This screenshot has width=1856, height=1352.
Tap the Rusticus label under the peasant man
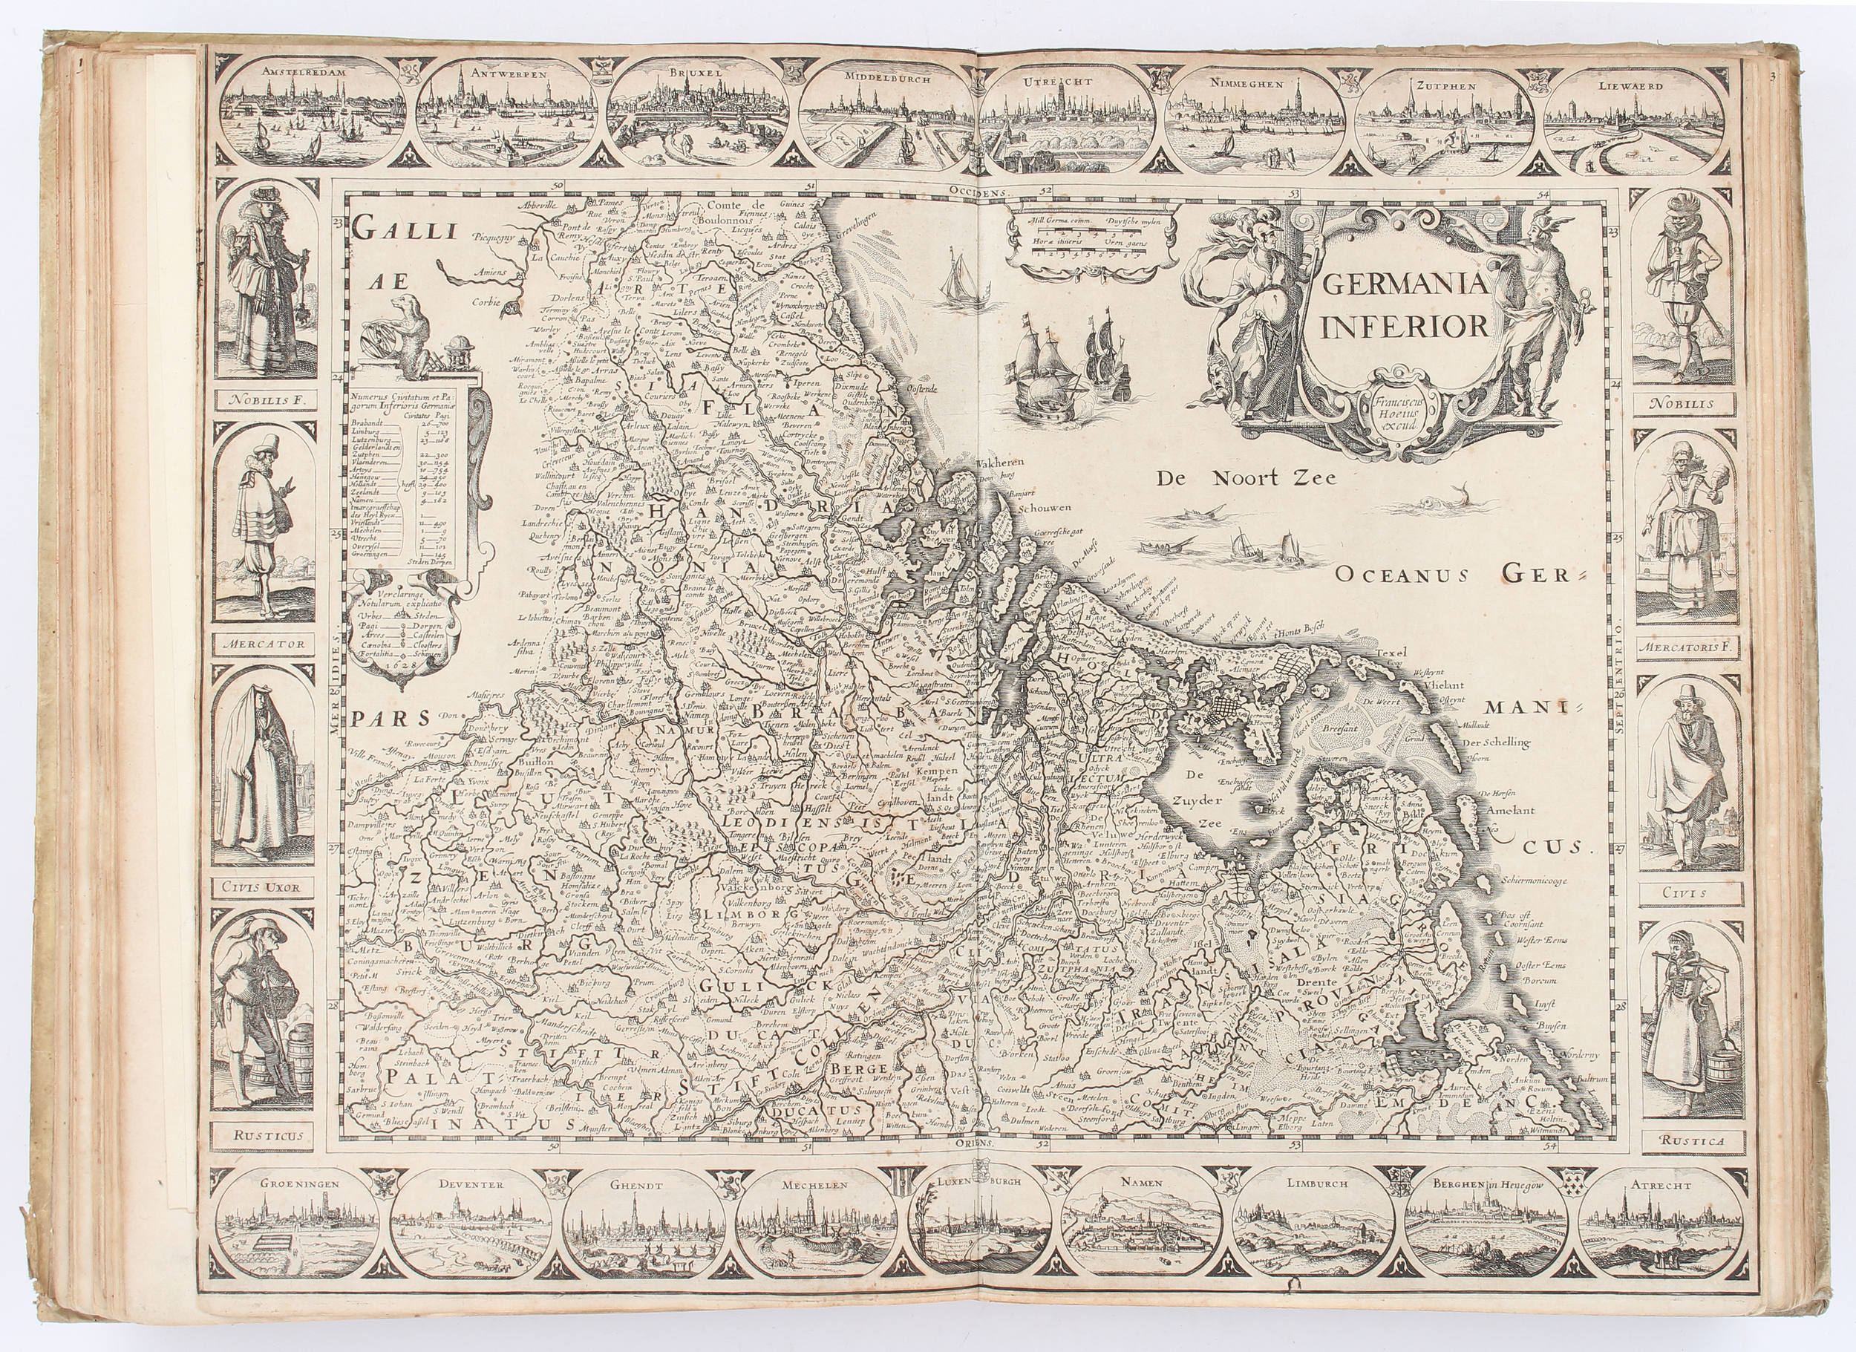[x=262, y=1135]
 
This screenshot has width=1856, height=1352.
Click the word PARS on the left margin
[x=391, y=719]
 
